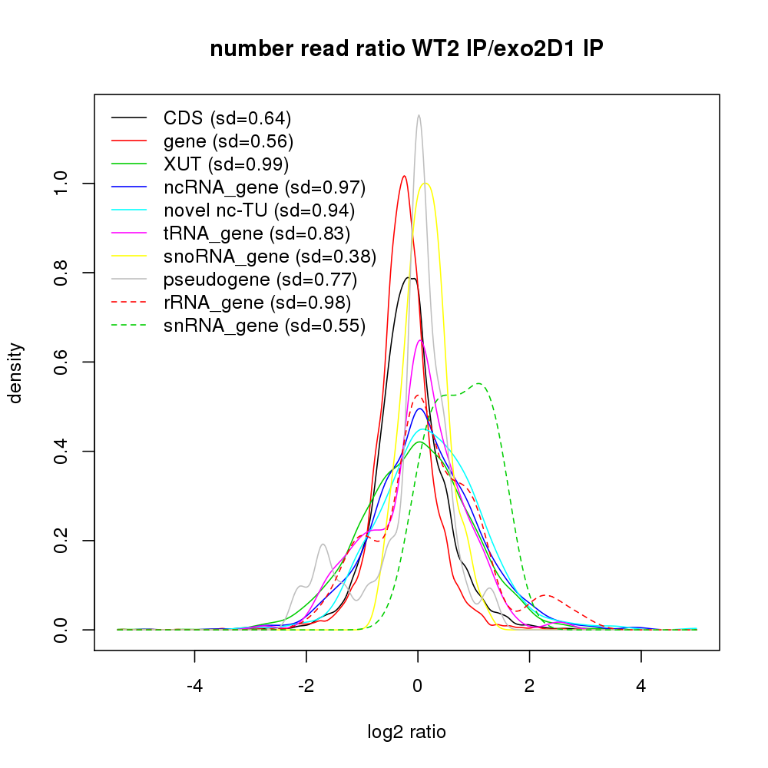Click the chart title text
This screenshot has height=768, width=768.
click(407, 49)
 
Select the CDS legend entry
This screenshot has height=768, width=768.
click(227, 118)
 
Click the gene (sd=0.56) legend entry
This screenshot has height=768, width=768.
click(229, 141)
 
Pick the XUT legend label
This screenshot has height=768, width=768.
click(226, 164)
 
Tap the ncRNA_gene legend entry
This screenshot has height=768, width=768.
click(264, 187)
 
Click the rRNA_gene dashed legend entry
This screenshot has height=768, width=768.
click(257, 303)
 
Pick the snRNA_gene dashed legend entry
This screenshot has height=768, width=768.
click(264, 326)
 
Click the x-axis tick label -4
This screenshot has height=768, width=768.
click(194, 685)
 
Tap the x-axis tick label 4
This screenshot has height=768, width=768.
click(641, 685)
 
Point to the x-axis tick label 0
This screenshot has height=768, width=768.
click(418, 685)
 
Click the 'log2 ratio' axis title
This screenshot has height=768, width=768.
click(407, 732)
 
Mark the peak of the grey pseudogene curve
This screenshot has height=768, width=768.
click(419, 116)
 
